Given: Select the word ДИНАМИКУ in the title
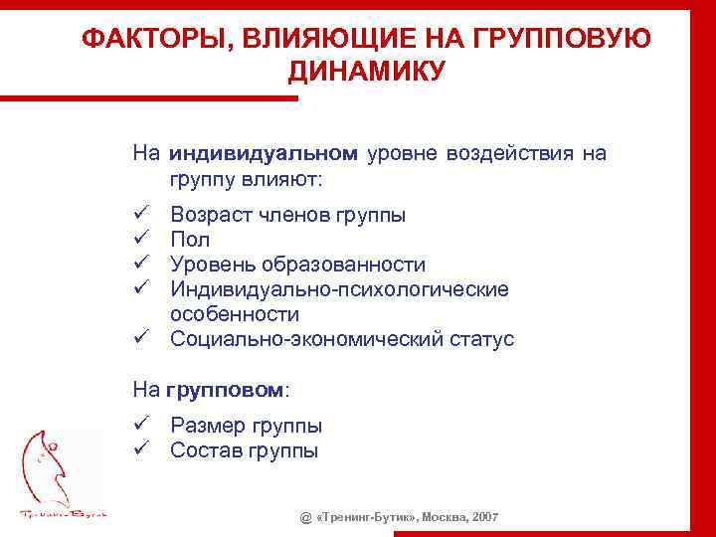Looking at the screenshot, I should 367,71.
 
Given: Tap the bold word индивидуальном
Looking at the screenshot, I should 263,154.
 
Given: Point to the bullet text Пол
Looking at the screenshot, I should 190,240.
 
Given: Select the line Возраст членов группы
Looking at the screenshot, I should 287,215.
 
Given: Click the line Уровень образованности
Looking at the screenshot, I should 297,265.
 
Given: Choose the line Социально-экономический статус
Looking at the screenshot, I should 342,339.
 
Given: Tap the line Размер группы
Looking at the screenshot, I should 246,426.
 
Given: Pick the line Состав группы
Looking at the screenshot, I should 244,450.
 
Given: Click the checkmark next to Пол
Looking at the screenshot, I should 142,240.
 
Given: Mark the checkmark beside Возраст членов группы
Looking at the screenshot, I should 142,215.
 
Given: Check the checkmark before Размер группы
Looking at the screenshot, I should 142,426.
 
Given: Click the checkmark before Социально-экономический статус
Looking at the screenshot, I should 142,339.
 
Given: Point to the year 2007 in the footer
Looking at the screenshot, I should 484,519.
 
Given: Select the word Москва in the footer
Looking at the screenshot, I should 445,519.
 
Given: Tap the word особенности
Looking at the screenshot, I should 235,314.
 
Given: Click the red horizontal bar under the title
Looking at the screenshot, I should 149,97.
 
